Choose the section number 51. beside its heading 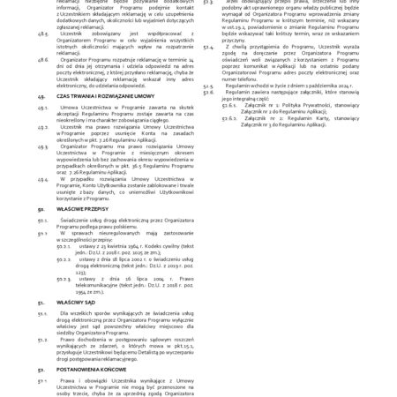coord(41,300)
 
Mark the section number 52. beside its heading coord(41,368)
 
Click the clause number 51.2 coord(42,339)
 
